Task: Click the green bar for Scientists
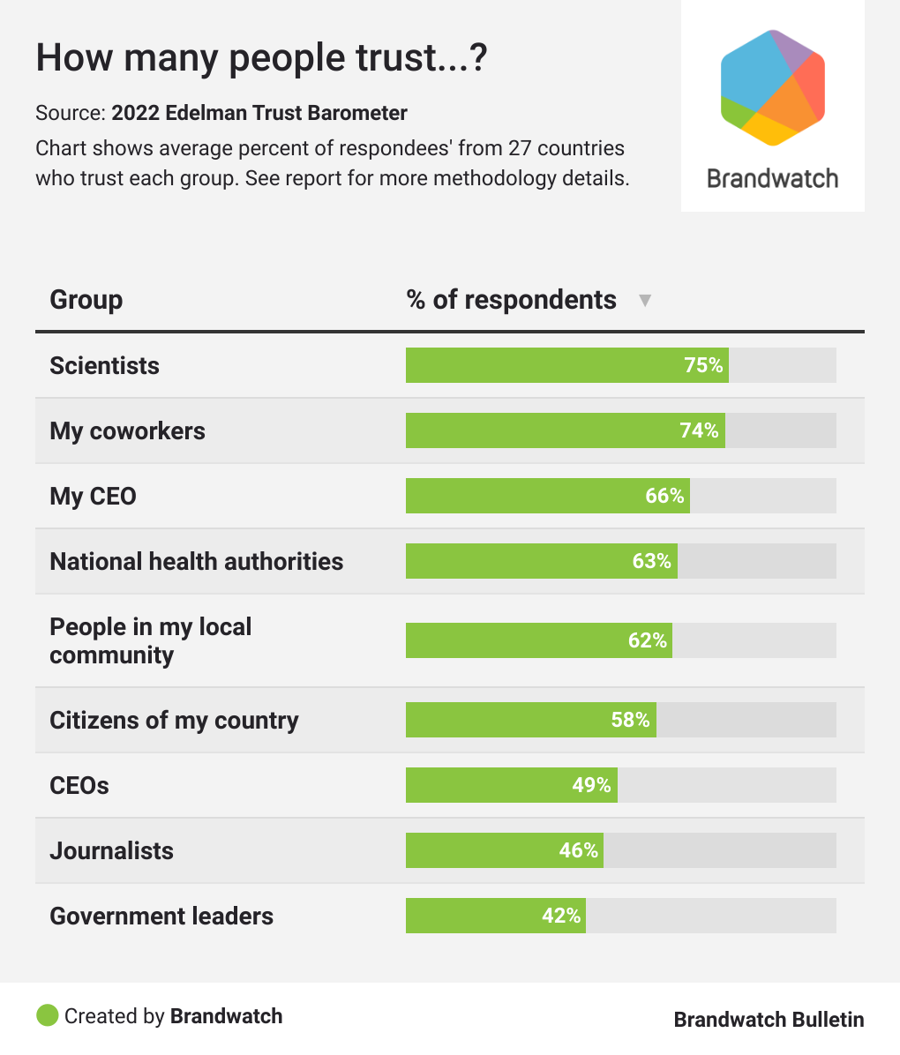tap(566, 365)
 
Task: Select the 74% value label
tap(700, 430)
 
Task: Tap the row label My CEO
tap(93, 496)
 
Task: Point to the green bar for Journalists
tap(504, 850)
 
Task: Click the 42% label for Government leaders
tap(561, 916)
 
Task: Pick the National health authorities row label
tap(196, 561)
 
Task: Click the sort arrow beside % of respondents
tap(645, 301)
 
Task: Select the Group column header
tap(86, 300)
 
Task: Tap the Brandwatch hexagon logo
tap(772, 87)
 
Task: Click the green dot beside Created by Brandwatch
tap(47, 1016)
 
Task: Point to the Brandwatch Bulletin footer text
tap(769, 1020)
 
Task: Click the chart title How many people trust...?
tap(261, 58)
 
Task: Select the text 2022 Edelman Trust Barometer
tap(259, 113)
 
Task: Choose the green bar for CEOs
tap(511, 785)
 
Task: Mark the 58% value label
tap(631, 720)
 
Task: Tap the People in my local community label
tap(150, 640)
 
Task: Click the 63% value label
tap(652, 561)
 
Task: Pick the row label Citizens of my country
tap(174, 720)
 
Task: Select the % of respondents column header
tap(511, 300)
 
